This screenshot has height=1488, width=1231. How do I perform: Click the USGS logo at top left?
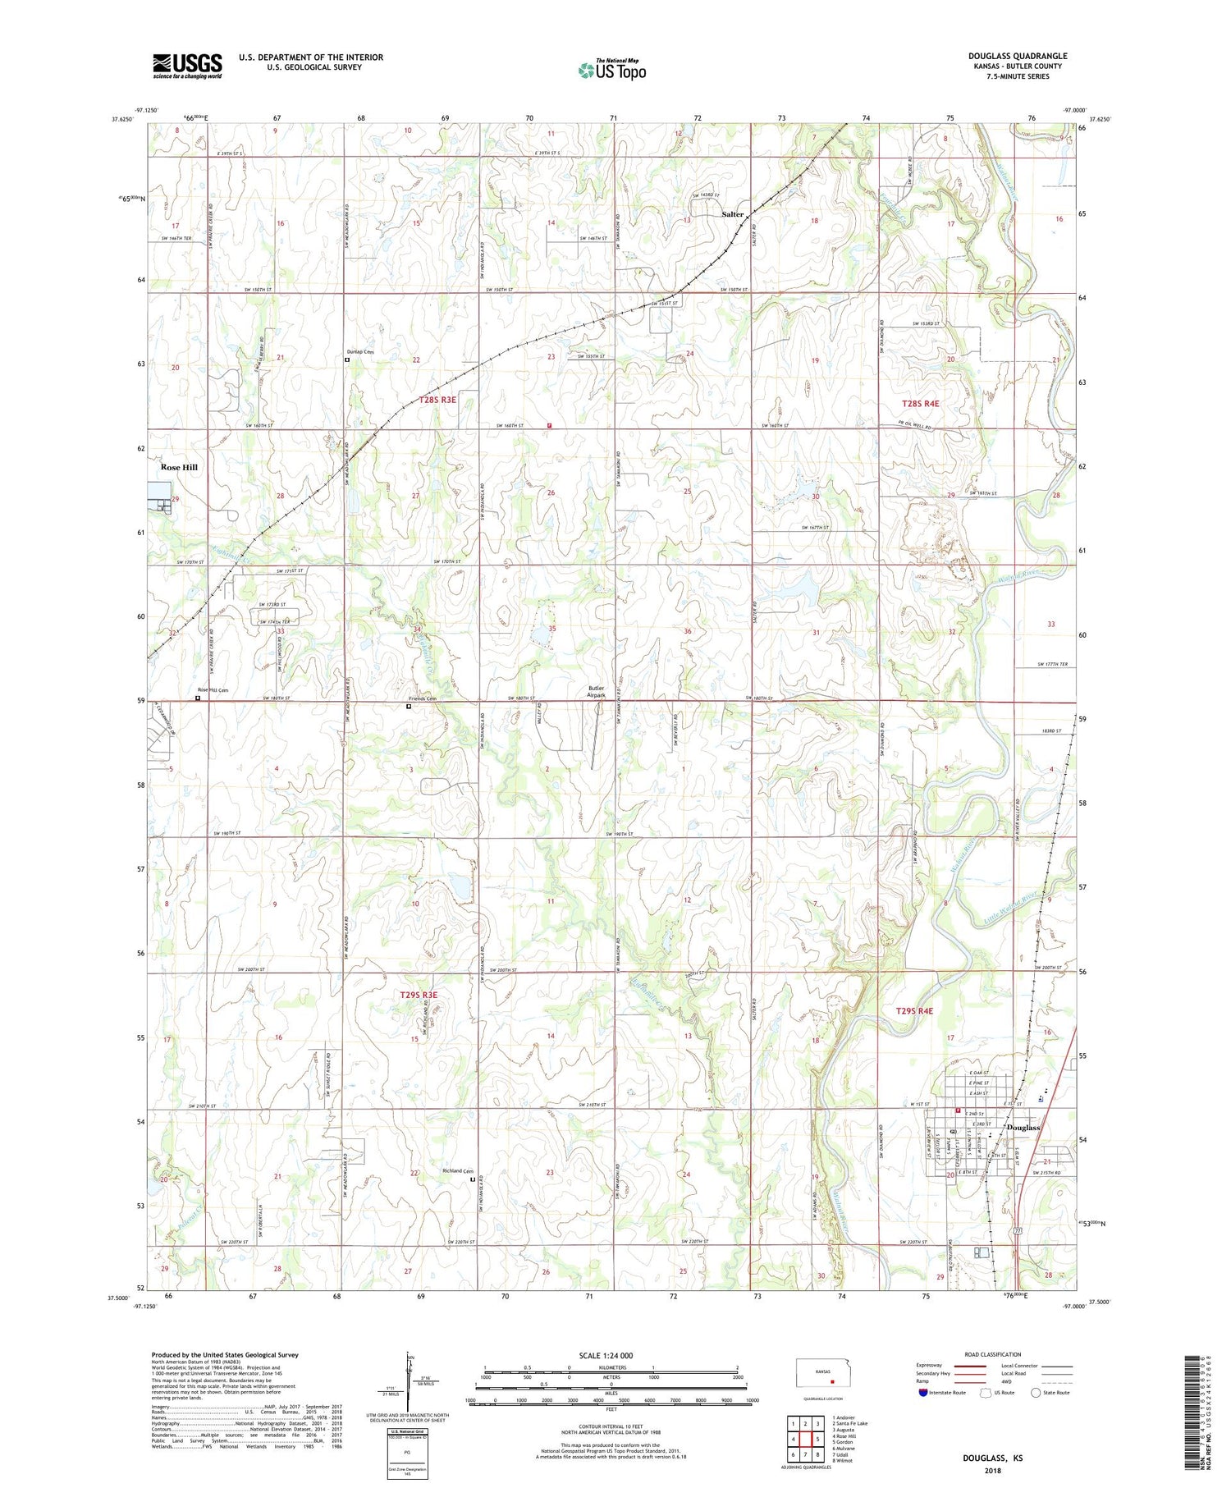click(x=187, y=66)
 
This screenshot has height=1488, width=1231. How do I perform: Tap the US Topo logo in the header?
click(x=611, y=70)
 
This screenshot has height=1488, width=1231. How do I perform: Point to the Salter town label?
click(x=732, y=214)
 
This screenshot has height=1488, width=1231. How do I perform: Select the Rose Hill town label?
click(x=179, y=467)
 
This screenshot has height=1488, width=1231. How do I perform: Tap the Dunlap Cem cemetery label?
click(x=360, y=352)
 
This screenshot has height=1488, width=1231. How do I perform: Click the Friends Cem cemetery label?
click(x=423, y=698)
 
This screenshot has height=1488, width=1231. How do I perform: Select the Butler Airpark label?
click(x=596, y=692)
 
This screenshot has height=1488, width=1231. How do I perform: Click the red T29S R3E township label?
click(x=419, y=995)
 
